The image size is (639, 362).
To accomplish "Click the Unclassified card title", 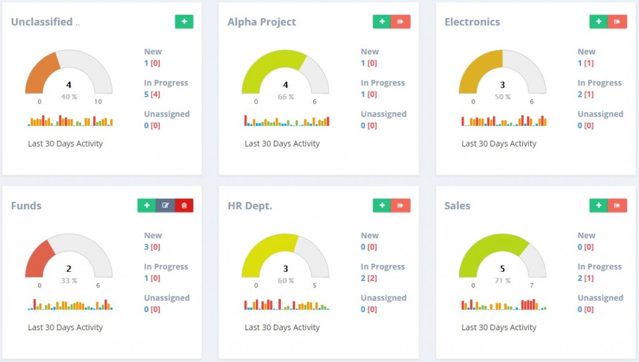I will click(42, 22).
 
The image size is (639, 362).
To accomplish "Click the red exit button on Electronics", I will click(617, 22).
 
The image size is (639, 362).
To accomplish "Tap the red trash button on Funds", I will click(184, 206).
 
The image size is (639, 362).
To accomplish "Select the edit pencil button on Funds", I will click(165, 206).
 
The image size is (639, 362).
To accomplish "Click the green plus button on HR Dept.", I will click(381, 206).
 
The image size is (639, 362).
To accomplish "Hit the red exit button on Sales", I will click(617, 206).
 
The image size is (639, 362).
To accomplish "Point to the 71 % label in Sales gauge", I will click(502, 280).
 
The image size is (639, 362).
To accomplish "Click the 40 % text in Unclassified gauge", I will click(69, 97).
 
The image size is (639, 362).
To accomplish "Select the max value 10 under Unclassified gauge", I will click(98, 102).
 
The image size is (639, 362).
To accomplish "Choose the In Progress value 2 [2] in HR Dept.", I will click(369, 278).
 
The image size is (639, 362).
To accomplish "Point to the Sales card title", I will click(457, 206).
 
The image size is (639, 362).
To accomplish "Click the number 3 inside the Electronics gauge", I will click(502, 85).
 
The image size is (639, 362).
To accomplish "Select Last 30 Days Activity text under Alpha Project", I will click(282, 143).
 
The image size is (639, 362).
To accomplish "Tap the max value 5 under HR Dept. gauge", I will click(315, 285).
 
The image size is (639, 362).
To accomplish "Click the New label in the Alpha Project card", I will click(369, 52).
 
